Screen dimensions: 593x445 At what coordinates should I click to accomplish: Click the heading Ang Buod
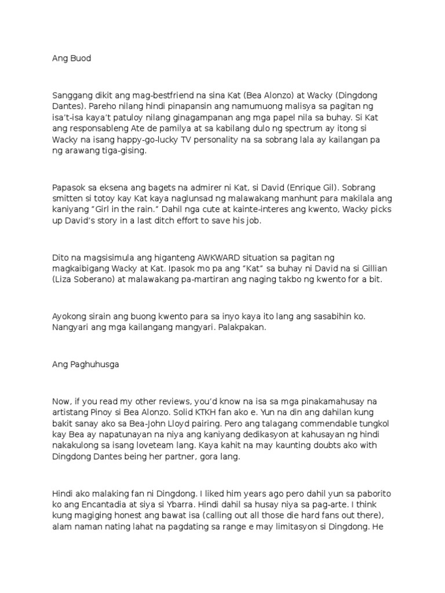(x=72, y=58)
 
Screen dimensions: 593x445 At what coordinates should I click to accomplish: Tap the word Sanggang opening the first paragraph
(x=72, y=94)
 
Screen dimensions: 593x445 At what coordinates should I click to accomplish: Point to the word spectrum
(x=316, y=129)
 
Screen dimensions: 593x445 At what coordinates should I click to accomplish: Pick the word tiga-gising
(x=125, y=151)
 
